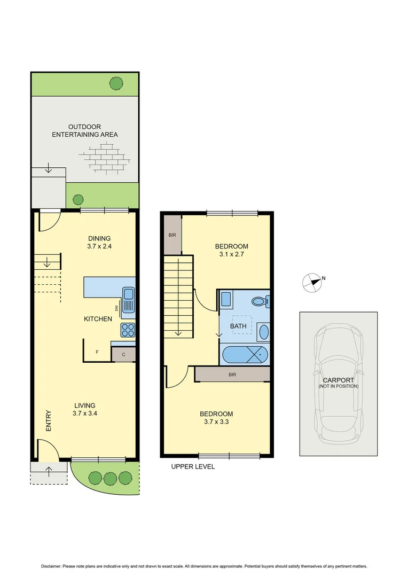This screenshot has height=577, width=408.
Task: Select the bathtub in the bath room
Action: [244, 354]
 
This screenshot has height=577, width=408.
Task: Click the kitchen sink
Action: [129, 300]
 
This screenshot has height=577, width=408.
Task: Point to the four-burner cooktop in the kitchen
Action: [128, 330]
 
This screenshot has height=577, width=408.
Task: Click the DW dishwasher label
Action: [116, 308]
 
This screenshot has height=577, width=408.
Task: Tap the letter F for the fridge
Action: [97, 353]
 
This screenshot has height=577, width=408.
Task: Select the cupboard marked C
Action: [123, 354]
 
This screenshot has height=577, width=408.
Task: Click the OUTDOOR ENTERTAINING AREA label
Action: [84, 131]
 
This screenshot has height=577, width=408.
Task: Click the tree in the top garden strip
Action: [116, 83]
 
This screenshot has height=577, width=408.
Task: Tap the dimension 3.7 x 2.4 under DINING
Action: [99, 247]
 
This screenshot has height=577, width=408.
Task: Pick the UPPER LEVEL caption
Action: [193, 466]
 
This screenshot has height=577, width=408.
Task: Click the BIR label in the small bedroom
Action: [172, 235]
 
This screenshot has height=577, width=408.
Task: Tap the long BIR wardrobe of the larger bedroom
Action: [232, 375]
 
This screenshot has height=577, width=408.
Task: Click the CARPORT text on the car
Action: [339, 380]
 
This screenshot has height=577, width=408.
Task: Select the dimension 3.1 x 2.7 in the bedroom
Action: [231, 255]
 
